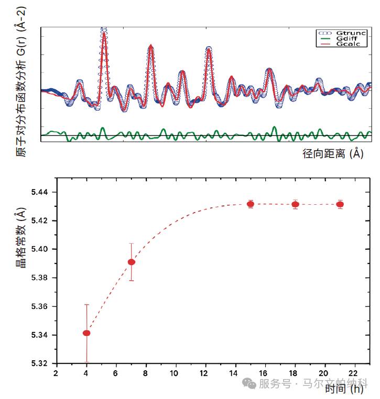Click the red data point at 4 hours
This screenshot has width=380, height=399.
[x=86, y=333]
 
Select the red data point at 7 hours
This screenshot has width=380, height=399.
[x=132, y=262]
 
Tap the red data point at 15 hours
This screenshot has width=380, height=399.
[x=251, y=204]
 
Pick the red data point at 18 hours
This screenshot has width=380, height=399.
[x=296, y=204]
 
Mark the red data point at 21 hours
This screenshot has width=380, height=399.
[x=340, y=204]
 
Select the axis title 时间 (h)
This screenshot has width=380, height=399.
[x=343, y=389]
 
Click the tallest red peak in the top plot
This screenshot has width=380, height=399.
[x=105, y=35]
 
